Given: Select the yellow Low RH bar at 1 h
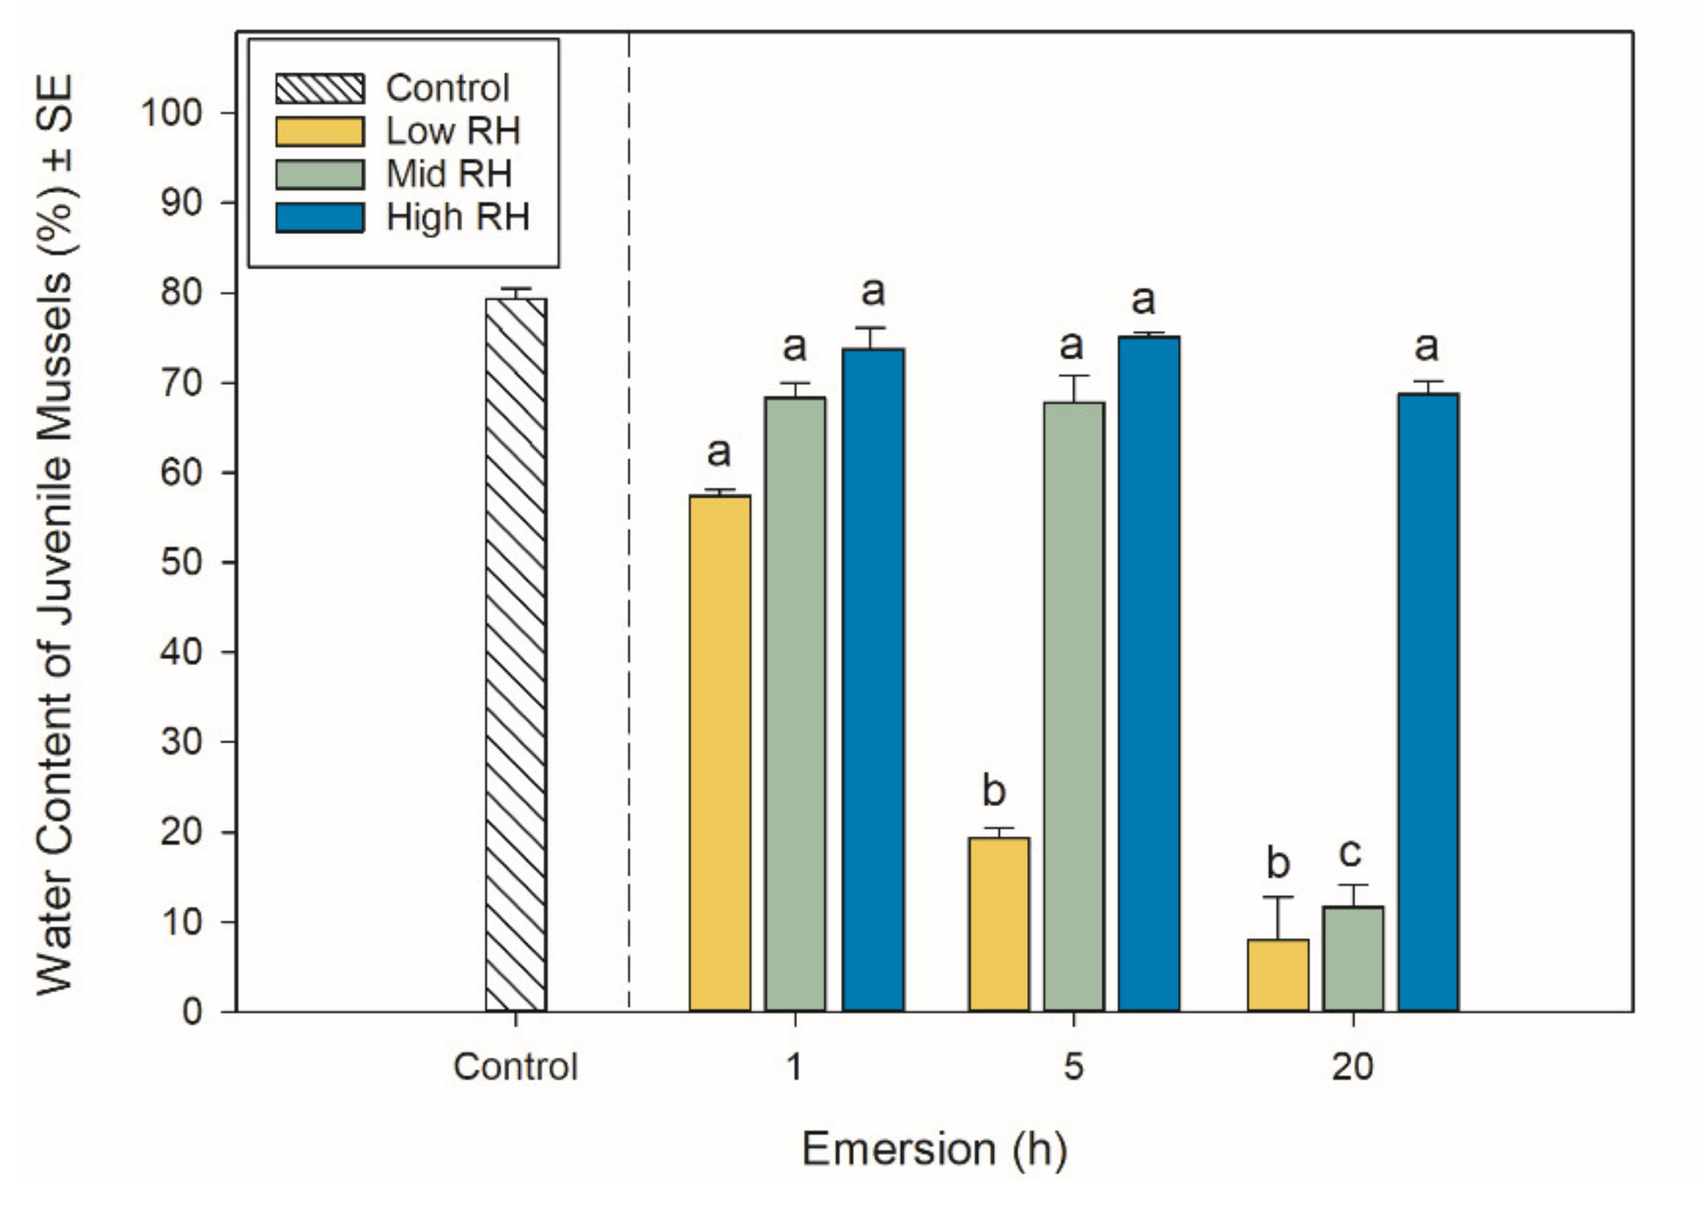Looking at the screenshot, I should [x=719, y=752].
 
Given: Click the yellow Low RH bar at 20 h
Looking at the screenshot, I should [x=1278, y=975].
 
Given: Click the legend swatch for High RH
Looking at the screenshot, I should [x=320, y=218].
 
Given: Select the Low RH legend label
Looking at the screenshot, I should [x=452, y=131].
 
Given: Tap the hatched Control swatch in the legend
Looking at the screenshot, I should [x=320, y=89].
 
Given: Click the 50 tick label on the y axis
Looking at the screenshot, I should [x=181, y=562].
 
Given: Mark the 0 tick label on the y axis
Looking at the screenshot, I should [x=192, y=1012].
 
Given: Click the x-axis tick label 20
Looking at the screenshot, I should [x=1351, y=1067].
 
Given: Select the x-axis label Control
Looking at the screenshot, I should [x=515, y=1067].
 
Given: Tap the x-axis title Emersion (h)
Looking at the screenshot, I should [x=934, y=1148].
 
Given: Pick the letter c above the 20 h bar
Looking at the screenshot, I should [x=1349, y=852].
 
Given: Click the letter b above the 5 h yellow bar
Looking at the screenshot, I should [x=994, y=790].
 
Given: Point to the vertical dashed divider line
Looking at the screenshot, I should [x=629, y=521].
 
